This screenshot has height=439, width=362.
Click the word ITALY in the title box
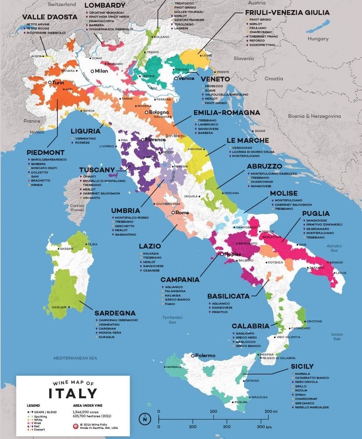click(73, 393)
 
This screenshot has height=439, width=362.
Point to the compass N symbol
click(145, 418)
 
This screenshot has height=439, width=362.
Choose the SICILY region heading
click(302, 366)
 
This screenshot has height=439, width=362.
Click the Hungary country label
click(318, 39)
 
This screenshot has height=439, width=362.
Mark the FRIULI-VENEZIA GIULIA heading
click(287, 13)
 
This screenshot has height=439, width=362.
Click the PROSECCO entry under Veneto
click(214, 86)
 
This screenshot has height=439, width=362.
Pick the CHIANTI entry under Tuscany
click(89, 176)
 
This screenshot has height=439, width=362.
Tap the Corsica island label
click(77, 206)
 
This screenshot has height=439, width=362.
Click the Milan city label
click(103, 71)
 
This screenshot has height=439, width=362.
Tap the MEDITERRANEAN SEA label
click(75, 358)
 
